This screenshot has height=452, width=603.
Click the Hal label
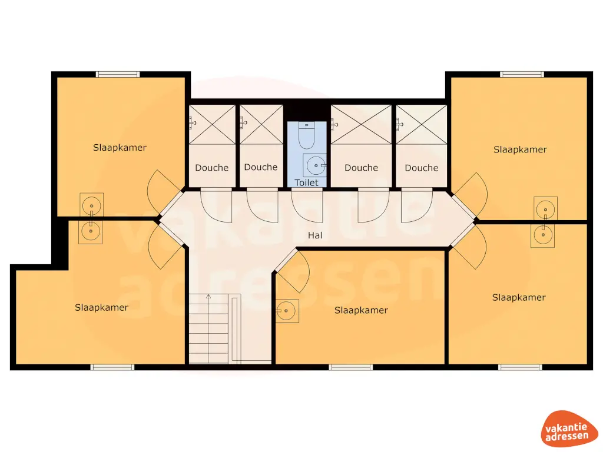pyautogui.click(x=316, y=235)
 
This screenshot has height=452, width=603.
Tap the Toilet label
pyautogui.click(x=306, y=182)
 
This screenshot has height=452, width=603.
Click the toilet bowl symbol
pyautogui.click(x=306, y=137)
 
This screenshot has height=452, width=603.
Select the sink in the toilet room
pyautogui.click(x=317, y=165)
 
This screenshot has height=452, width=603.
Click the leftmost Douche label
pyautogui.click(x=211, y=168)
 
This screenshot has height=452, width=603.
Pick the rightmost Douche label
pyautogui.click(x=422, y=168)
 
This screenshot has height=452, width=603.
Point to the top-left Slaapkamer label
pyautogui.click(x=120, y=148)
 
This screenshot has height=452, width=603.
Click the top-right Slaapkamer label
pyautogui.click(x=520, y=149)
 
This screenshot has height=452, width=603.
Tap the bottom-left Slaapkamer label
pyautogui.click(x=101, y=307)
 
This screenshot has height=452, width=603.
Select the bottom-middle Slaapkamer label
pyautogui.click(x=361, y=310)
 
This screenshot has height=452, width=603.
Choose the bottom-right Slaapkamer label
pyautogui.click(x=519, y=297)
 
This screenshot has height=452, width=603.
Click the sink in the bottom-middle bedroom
pyautogui.click(x=287, y=310)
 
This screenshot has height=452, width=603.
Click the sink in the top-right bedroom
pyautogui.click(x=545, y=209)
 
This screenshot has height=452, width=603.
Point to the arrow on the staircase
pyautogui.click(x=208, y=297)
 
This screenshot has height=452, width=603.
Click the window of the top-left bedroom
pyautogui.click(x=118, y=74)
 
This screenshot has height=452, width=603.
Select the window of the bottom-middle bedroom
pyautogui.click(x=351, y=367)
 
